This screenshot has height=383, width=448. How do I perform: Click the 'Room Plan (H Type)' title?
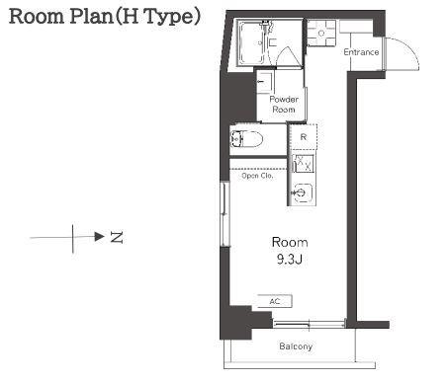click(104, 17)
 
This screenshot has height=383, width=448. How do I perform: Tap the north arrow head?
click(99, 236)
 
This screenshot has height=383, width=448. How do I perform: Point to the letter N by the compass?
click(117, 237)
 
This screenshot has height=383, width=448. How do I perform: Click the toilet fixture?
click(246, 139)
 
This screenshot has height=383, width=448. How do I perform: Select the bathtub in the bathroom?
click(251, 42)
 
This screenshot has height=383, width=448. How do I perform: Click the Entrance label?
click(361, 52)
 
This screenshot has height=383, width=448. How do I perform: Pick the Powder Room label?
click(284, 105)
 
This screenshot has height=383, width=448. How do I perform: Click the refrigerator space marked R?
click(304, 137)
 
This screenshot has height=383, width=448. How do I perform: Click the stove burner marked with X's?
click(304, 164)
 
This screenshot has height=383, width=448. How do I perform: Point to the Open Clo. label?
click(257, 176)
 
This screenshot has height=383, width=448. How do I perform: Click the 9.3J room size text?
click(290, 260)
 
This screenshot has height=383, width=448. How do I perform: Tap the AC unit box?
click(275, 301)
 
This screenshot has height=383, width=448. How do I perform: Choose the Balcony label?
click(296, 346)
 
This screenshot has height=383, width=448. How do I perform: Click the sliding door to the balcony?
click(310, 324)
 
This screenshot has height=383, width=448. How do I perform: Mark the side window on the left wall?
click(224, 214)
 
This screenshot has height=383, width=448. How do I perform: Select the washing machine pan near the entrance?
click(321, 33)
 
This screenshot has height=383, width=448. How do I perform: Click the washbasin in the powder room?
click(265, 82)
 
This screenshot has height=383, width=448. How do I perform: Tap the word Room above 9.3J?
click(290, 243)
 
